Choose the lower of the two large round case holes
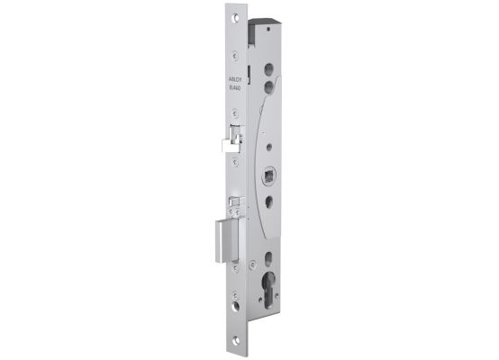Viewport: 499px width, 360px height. pos(269,82)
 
